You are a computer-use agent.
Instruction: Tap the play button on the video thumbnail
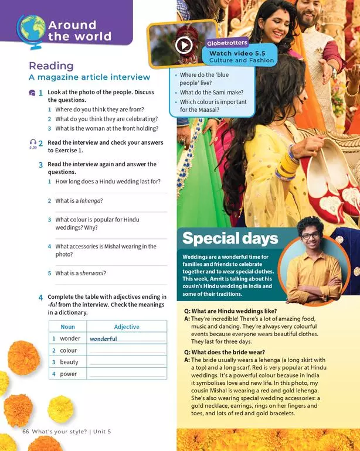[184, 45]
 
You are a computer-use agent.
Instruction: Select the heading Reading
[51, 66]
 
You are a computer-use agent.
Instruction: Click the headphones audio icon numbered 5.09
[32, 143]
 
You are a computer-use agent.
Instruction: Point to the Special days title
[230, 238]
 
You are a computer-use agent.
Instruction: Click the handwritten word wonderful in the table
[103, 339]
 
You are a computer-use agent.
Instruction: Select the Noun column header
[68, 326]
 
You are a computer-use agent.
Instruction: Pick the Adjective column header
[127, 326]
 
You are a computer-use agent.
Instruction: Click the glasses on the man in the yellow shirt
[310, 236]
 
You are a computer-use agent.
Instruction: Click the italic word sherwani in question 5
[91, 273]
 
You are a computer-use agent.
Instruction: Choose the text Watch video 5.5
[237, 53]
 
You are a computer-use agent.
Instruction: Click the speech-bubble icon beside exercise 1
[32, 93]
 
